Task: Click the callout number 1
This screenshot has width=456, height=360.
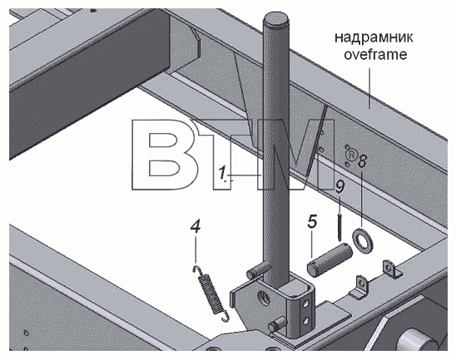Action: pyautogui.click(x=222, y=173)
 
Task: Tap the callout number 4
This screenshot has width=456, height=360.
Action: pyautogui.click(x=196, y=226)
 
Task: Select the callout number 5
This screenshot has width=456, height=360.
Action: pyautogui.click(x=312, y=221)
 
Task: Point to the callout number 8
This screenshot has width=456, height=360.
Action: pyautogui.click(x=361, y=160)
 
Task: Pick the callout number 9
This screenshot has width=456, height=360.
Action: pyautogui.click(x=340, y=186)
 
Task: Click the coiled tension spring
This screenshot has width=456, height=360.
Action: pyautogui.click(x=211, y=294)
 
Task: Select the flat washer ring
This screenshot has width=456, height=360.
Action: pyautogui.click(x=363, y=240)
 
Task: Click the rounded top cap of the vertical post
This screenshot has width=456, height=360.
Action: pyautogui.click(x=276, y=19)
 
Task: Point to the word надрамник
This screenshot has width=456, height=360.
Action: pyautogui.click(x=374, y=37)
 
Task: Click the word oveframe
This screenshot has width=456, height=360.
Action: pyautogui.click(x=375, y=54)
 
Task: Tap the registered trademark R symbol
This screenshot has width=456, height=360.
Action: pyautogui.click(x=351, y=155)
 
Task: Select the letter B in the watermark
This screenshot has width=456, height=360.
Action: pyautogui.click(x=158, y=155)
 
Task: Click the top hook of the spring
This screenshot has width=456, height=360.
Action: pyautogui.click(x=198, y=270)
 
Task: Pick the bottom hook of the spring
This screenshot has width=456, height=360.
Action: pyautogui.click(x=225, y=317)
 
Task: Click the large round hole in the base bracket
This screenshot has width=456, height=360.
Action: pyautogui.click(x=264, y=298)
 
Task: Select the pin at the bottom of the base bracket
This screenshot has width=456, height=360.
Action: pyautogui.click(x=277, y=323)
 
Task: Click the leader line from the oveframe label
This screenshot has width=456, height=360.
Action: pyautogui.click(x=369, y=88)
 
